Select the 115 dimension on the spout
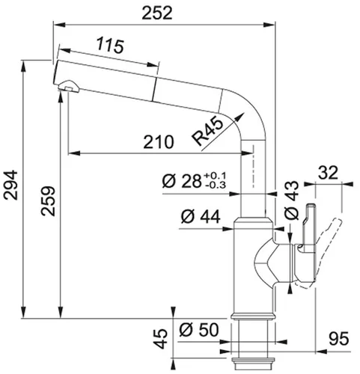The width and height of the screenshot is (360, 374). (x=109, y=47)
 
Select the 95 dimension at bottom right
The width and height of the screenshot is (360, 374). (x=340, y=340)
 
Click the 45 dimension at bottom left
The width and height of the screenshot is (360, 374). (x=159, y=340)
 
